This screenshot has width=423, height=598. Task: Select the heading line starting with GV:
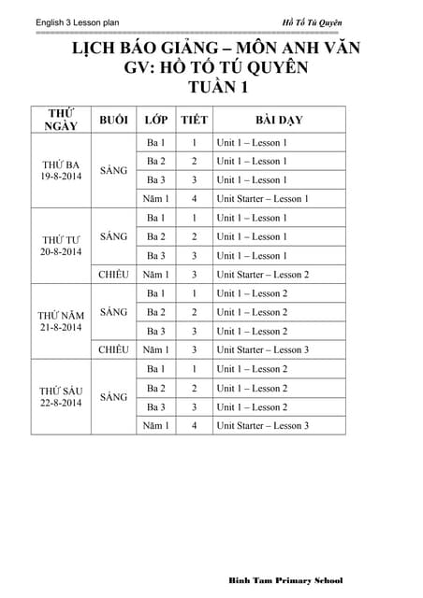pyautogui.click(x=211, y=68)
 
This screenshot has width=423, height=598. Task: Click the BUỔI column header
pyautogui.click(x=113, y=121)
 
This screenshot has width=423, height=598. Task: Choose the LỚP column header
pyautogui.click(x=155, y=121)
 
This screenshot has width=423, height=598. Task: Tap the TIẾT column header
pyautogui.click(x=194, y=121)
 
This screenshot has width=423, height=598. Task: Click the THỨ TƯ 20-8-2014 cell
pyautogui.click(x=60, y=246)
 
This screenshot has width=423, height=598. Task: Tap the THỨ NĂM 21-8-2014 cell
pyautogui.click(x=60, y=321)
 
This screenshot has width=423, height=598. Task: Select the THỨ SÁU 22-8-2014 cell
pyautogui.click(x=60, y=396)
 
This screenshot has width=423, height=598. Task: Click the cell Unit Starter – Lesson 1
pyautogui.click(x=262, y=199)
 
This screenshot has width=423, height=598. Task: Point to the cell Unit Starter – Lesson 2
pyautogui.click(x=262, y=275)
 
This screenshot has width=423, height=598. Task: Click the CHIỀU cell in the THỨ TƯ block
pyautogui.click(x=113, y=275)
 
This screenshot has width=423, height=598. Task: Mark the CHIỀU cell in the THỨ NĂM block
pyautogui.click(x=113, y=349)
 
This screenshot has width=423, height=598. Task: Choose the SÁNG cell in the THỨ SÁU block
pyautogui.click(x=113, y=397)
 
